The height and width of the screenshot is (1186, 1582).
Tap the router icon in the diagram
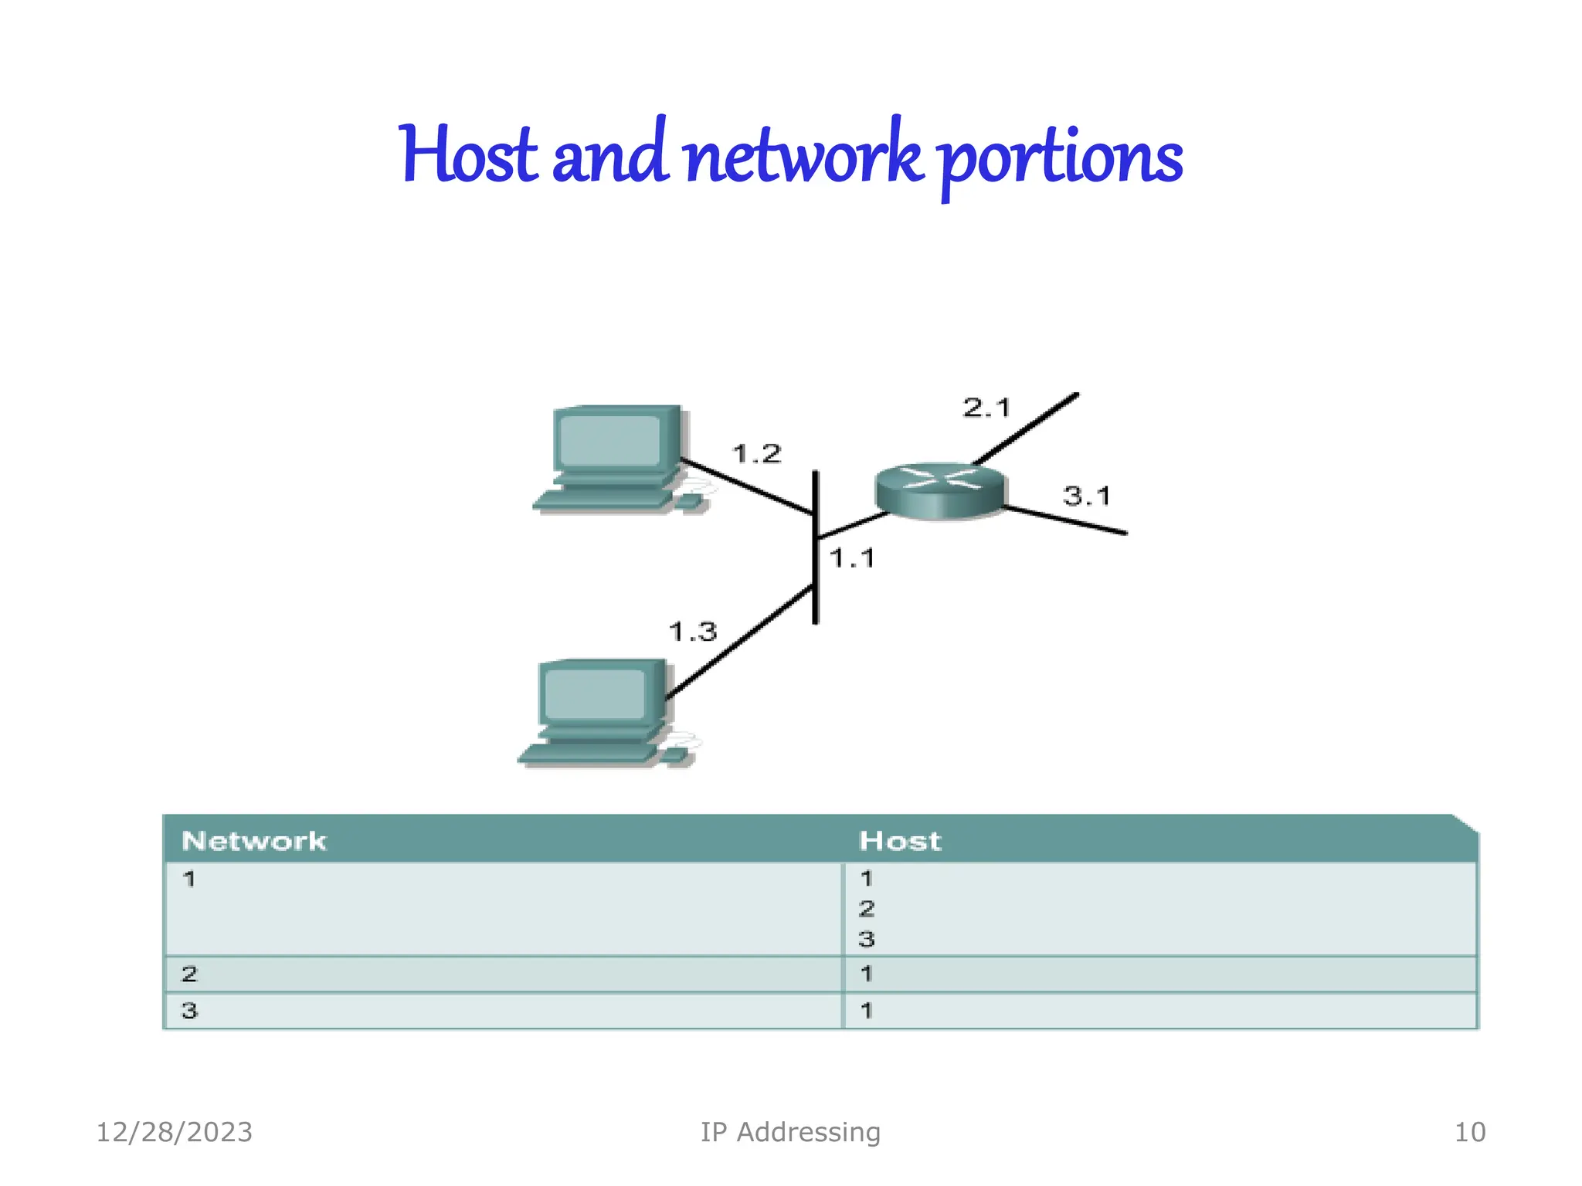pyautogui.click(x=940, y=490)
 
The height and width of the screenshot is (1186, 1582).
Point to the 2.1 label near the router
pyautogui.click(x=986, y=408)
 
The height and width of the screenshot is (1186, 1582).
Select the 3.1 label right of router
pyautogui.click(x=1086, y=496)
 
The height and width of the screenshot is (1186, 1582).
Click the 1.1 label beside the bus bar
pyautogui.click(x=852, y=558)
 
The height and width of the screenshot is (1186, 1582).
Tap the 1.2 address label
pyautogui.click(x=756, y=454)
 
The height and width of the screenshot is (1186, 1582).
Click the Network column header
pyautogui.click(x=253, y=841)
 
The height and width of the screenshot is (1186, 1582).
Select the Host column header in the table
pyautogui.click(x=900, y=841)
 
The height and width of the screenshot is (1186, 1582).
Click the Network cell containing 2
pyautogui.click(x=190, y=974)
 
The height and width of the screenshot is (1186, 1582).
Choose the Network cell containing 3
pyautogui.click(x=190, y=1010)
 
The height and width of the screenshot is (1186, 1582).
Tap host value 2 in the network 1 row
pyautogui.click(x=867, y=909)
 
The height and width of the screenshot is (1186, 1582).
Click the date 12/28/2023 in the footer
pyautogui.click(x=175, y=1132)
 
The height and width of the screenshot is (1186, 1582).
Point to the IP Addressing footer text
pyautogui.click(x=790, y=1132)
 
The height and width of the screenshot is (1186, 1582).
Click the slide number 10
pyautogui.click(x=1469, y=1132)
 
